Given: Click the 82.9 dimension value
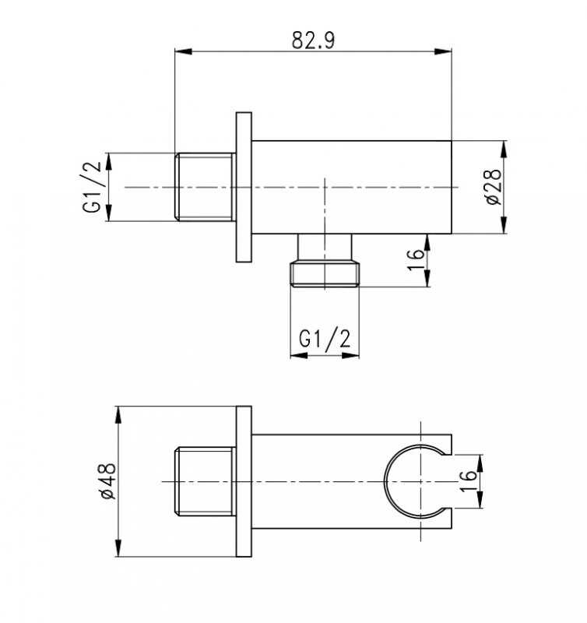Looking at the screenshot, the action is click(x=314, y=40).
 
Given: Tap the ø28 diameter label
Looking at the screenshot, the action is click(x=494, y=187).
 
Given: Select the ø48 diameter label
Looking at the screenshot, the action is click(x=107, y=481).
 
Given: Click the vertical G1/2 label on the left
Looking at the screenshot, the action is click(x=92, y=188).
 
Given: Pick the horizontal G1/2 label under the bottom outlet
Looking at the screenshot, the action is click(x=325, y=340).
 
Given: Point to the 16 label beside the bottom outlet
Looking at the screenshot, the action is click(x=417, y=260).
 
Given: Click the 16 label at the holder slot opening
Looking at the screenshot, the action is click(x=468, y=481).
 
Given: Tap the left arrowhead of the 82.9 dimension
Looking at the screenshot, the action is click(x=183, y=51).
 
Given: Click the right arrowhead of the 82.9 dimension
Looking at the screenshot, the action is click(x=443, y=51).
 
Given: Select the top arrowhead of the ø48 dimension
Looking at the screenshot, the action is click(x=118, y=415).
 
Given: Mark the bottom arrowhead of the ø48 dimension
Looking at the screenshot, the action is click(x=118, y=548).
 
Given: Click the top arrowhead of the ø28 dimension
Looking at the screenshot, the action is click(x=504, y=150).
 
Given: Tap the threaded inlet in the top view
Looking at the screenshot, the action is click(x=206, y=187).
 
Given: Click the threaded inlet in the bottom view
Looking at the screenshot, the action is click(x=206, y=481).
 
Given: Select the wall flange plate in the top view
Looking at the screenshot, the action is click(x=244, y=187).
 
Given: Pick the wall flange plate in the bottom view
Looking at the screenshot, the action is click(x=244, y=481).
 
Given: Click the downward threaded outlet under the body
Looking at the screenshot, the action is click(x=325, y=273).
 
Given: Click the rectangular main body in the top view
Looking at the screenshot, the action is click(x=351, y=187).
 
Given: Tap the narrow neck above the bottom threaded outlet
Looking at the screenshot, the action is click(x=325, y=247).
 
